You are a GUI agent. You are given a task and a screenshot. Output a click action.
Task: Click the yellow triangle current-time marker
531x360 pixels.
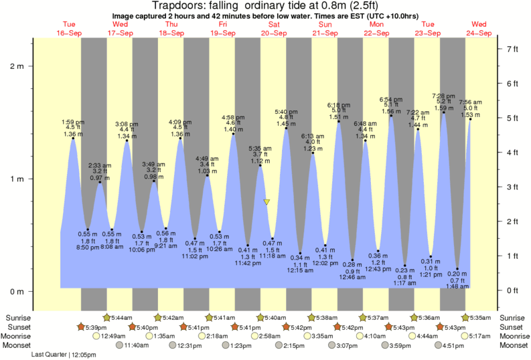[x=267, y=201]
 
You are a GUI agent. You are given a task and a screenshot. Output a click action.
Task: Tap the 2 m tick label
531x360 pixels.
[x=17, y=66]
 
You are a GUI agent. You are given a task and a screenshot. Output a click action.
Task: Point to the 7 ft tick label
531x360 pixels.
[x=514, y=49]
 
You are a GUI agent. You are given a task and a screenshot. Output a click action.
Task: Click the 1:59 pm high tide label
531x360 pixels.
[x=72, y=122]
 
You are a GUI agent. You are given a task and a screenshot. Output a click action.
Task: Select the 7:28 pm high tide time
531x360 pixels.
[x=444, y=96]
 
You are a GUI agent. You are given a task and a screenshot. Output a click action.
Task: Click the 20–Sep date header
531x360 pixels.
[x=275, y=32]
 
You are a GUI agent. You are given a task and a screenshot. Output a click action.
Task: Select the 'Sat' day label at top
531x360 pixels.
[x=275, y=24]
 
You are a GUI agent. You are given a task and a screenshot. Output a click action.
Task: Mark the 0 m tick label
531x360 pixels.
[x=17, y=292]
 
